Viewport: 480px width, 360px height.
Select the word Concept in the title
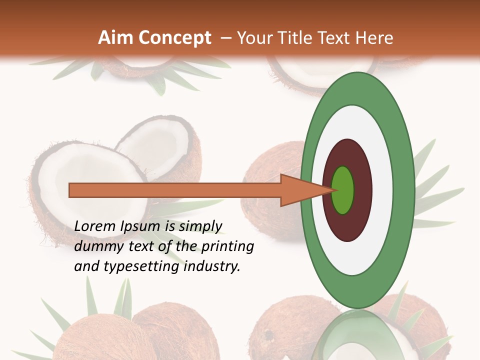(x=174, y=38)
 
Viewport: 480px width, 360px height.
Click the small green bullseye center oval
(x=342, y=190)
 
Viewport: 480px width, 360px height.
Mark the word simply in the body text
(x=200, y=227)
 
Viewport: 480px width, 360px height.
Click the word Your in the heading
(x=254, y=38)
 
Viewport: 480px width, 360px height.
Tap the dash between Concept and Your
(x=225, y=38)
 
